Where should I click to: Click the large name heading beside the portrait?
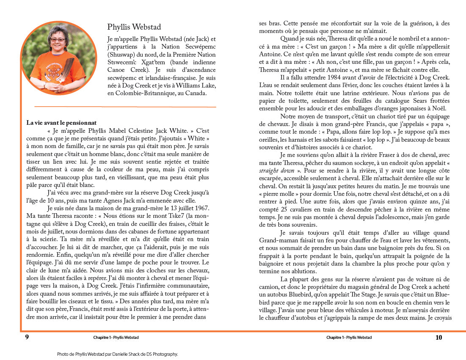click(x=134, y=27)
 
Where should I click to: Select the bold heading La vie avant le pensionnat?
click(x=61, y=123)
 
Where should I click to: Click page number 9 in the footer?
click(x=27, y=337)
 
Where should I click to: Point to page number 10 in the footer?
click(x=438, y=337)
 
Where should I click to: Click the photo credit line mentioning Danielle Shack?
click(x=117, y=354)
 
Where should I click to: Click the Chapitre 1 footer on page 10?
click(x=349, y=338)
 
